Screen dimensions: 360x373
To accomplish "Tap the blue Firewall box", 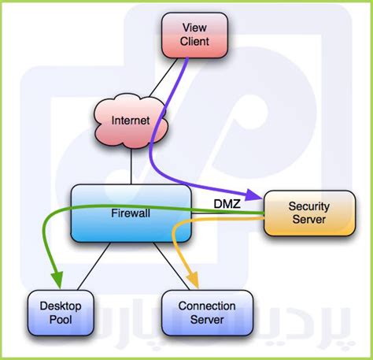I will point(132,213).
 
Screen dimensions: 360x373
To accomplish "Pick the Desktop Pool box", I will point(60,311).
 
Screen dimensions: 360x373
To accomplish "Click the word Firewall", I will point(131,213).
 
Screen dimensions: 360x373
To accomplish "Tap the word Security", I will point(308,206).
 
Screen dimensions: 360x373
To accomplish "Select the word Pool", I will point(60,319).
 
